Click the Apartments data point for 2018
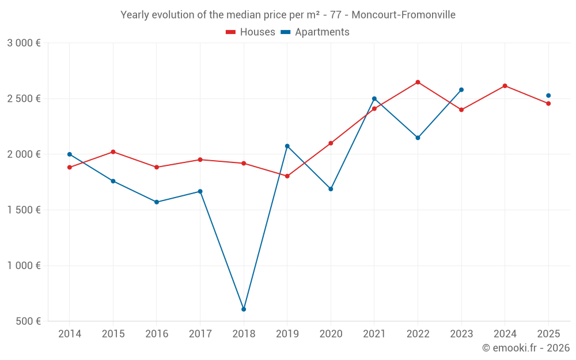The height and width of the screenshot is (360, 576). click(x=244, y=309)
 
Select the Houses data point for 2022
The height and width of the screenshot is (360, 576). click(x=418, y=82)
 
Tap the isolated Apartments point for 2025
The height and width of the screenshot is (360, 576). click(x=548, y=96)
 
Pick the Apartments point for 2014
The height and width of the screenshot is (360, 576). click(x=70, y=154)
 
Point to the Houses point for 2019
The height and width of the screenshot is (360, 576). click(x=287, y=176)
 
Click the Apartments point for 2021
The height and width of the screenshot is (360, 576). click(x=374, y=98)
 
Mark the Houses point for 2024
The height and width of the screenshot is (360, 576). click(x=505, y=86)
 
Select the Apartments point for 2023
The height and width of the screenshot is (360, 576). click(x=461, y=90)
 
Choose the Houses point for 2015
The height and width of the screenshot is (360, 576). click(x=113, y=152)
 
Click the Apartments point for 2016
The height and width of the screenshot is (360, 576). click(x=157, y=202)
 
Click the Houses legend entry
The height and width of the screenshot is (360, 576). click(x=251, y=32)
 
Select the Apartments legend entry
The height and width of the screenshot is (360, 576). click(x=315, y=32)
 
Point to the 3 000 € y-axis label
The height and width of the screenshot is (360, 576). click(x=24, y=43)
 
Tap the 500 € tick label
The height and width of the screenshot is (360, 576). click(x=28, y=321)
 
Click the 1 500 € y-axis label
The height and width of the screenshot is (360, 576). click(x=24, y=210)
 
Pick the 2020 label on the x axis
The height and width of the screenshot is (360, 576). click(x=331, y=334)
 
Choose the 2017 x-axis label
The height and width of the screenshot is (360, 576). click(x=200, y=334)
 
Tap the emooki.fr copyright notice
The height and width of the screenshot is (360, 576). click(x=526, y=348)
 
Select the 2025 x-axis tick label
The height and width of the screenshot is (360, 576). click(x=548, y=334)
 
